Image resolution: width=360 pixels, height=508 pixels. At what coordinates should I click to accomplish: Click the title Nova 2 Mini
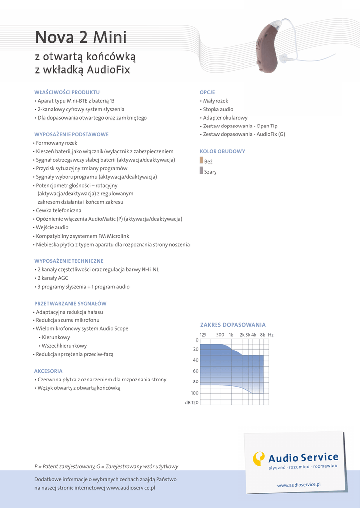tap(80, 37)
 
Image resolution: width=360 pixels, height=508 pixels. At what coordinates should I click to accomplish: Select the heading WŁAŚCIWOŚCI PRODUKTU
tap(67, 92)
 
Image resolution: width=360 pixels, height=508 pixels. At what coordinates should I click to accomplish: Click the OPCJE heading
tap(207, 92)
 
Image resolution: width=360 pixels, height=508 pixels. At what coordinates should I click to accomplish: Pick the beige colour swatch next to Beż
tap(201, 161)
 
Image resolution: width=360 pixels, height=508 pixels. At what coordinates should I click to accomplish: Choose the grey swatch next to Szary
tap(201, 171)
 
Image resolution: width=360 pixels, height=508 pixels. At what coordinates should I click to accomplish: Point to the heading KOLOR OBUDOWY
tap(222, 151)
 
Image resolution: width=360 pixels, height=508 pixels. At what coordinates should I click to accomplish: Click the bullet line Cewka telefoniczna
tap(59, 210)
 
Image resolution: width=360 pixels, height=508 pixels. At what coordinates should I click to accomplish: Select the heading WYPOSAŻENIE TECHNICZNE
tap(69, 261)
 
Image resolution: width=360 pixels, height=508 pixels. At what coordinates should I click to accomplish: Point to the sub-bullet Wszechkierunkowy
tap(65, 346)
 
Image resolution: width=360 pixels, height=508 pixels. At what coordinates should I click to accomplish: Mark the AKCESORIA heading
tap(48, 371)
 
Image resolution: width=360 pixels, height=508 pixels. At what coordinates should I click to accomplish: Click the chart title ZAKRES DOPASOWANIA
tap(233, 325)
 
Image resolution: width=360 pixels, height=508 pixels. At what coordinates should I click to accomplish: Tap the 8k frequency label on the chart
tap(262, 335)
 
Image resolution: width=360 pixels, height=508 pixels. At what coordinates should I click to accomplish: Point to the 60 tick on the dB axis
tap(196, 371)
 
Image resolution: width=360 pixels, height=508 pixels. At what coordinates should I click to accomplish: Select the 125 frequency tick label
tap(203, 335)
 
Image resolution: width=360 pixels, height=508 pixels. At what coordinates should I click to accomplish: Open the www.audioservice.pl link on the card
tap(299, 484)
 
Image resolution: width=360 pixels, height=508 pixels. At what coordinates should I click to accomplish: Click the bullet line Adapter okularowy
tap(225, 118)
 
